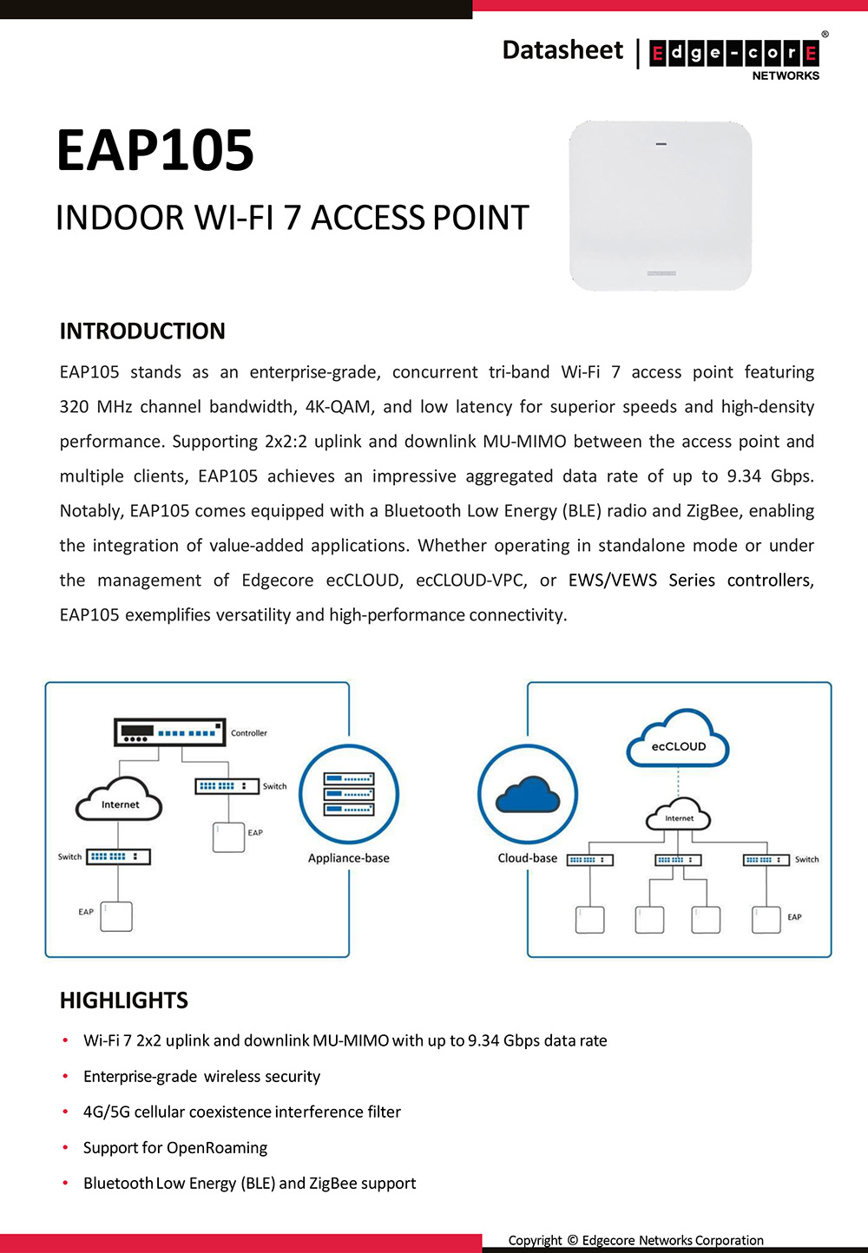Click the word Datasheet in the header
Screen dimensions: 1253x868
tap(562, 50)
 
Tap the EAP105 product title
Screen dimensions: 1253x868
tap(155, 150)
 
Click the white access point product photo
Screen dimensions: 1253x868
tap(661, 206)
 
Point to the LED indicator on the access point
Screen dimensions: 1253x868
tap(661, 143)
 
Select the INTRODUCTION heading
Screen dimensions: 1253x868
tap(142, 331)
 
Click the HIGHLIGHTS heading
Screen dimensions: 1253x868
tap(124, 1000)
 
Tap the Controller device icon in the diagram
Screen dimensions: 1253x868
tap(169, 732)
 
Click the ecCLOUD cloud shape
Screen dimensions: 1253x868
tap(679, 742)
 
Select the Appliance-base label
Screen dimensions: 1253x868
tap(349, 858)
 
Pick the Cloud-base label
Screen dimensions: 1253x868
tap(528, 858)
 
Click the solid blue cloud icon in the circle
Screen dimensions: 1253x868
tap(527, 794)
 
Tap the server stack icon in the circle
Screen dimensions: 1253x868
tap(349, 794)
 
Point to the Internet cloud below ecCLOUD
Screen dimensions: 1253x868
tap(679, 817)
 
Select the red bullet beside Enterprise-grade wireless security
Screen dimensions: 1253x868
tap(65, 1076)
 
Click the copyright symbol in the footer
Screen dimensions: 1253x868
tap(572, 1240)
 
